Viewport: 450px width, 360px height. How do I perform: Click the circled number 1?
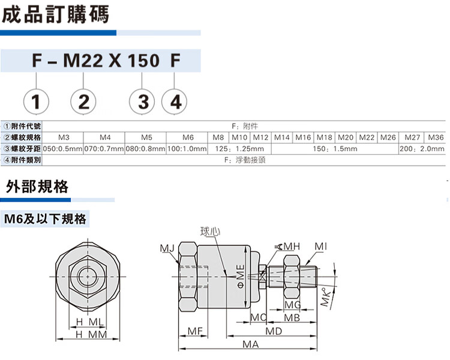(x=36, y=102)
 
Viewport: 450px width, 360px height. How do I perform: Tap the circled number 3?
(x=142, y=102)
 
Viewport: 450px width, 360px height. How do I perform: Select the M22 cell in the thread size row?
(x=367, y=137)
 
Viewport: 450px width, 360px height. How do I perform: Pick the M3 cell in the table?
(x=64, y=137)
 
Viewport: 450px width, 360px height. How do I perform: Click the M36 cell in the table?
(x=436, y=137)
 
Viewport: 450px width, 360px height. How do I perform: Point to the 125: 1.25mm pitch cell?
(x=239, y=149)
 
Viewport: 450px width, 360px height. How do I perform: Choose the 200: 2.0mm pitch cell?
(x=422, y=149)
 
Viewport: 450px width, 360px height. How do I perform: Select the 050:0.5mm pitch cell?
(x=63, y=149)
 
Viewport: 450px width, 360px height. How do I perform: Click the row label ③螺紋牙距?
(x=22, y=149)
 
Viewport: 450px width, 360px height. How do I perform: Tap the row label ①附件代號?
(x=22, y=126)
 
